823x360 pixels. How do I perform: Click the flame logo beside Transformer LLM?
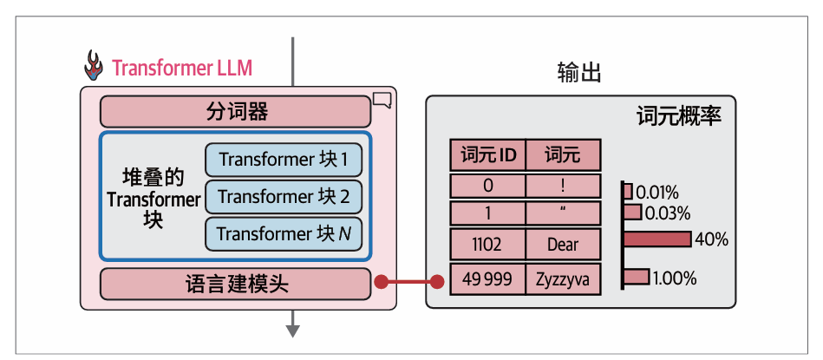click(x=93, y=66)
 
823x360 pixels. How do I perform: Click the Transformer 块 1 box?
click(x=283, y=160)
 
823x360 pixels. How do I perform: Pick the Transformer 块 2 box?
click(x=283, y=197)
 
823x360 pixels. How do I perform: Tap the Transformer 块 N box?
click(x=283, y=234)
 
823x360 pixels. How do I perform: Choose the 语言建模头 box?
click(x=236, y=283)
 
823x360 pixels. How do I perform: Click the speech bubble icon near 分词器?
click(x=382, y=100)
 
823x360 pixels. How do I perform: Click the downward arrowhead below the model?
click(x=293, y=330)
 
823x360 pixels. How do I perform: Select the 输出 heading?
click(x=579, y=74)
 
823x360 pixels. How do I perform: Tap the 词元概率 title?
click(x=679, y=116)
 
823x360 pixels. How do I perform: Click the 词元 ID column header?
click(x=487, y=156)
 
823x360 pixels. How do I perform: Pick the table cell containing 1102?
click(x=487, y=245)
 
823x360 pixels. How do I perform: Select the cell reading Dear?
click(x=563, y=245)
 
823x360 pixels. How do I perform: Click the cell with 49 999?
click(x=487, y=278)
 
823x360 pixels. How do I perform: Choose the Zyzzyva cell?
click(x=563, y=278)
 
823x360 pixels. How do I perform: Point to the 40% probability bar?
click(x=656, y=239)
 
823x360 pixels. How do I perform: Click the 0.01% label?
click(x=656, y=192)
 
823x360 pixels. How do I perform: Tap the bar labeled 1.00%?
click(x=636, y=278)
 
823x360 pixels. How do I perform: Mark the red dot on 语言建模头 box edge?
click(x=380, y=282)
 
